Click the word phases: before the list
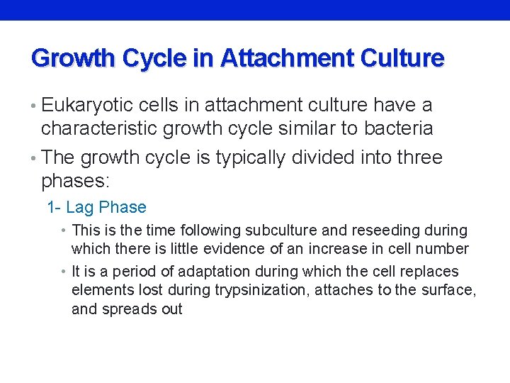pos(76,181)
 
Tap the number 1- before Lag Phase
pos(54,208)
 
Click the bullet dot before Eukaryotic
pos(35,106)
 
